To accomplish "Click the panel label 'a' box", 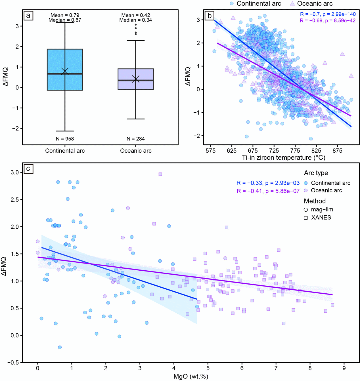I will [x=28, y=15].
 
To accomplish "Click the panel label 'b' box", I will [x=210, y=15].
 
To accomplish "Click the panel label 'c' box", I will [x=28, y=169].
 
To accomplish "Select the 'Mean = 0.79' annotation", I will [x=65, y=15].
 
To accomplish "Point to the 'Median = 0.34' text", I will [x=135, y=20].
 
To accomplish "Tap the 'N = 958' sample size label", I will [x=65, y=139].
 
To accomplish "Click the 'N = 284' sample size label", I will [x=135, y=139].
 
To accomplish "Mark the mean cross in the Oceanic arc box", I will [x=136, y=79].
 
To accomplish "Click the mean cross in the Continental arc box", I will [x=65, y=71].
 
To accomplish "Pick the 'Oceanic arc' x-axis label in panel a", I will [x=136, y=151].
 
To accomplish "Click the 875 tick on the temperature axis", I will [x=337, y=151].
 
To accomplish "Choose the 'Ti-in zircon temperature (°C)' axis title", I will [x=283, y=158].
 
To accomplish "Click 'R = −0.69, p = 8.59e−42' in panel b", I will [x=328, y=20].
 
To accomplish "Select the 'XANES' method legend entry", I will [x=321, y=218].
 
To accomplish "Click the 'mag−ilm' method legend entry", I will [x=322, y=210].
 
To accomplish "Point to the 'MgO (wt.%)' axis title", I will [x=191, y=376].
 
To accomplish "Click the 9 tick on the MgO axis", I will [x=344, y=368].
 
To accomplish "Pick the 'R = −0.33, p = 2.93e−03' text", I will [x=268, y=183].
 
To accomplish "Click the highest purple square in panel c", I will [x=160, y=174].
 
